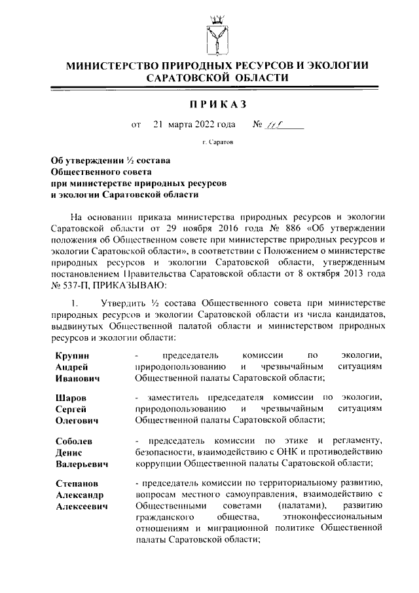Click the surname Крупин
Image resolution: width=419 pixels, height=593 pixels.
73,354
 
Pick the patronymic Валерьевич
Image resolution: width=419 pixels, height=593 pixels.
82,463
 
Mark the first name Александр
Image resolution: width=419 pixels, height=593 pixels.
81,495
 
